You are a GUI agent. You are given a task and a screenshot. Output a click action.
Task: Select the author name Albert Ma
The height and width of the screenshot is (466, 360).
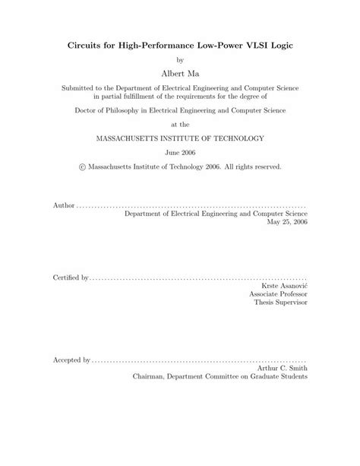click(x=180, y=73)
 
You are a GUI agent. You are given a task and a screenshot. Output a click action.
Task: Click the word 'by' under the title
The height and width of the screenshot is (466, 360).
click(x=180, y=59)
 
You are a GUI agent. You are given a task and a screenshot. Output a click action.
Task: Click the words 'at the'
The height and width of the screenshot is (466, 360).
click(x=180, y=125)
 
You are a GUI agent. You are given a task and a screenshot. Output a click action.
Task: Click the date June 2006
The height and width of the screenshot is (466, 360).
click(x=180, y=152)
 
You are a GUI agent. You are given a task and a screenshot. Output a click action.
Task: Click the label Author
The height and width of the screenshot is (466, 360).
click(x=65, y=206)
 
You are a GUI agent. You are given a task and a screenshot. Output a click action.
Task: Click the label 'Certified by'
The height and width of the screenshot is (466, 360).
click(x=71, y=277)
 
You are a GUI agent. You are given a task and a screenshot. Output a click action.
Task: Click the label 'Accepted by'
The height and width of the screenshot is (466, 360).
click(x=71, y=358)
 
